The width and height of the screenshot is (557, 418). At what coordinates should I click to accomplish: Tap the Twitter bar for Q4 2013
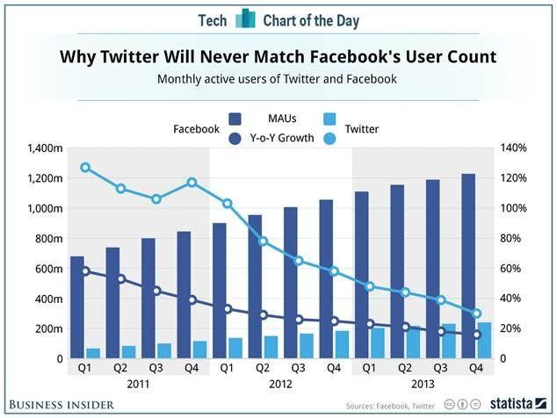click(x=484, y=341)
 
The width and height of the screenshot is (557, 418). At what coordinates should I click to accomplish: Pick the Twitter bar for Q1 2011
click(x=92, y=353)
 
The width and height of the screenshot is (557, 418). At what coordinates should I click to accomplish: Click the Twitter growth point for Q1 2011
click(x=85, y=167)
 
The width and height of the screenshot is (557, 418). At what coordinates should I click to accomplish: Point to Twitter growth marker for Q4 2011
click(x=192, y=182)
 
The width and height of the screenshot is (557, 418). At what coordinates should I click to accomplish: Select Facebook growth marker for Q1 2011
click(x=85, y=270)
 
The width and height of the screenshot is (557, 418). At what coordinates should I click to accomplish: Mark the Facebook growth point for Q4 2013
click(x=477, y=335)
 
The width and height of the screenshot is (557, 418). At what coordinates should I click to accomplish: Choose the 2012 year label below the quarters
click(x=280, y=384)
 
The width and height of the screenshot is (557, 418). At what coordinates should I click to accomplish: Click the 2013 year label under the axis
click(x=423, y=384)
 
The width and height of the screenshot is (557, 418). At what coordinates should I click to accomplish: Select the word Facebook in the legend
click(x=196, y=129)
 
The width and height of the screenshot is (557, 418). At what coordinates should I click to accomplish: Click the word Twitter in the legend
click(x=362, y=129)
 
